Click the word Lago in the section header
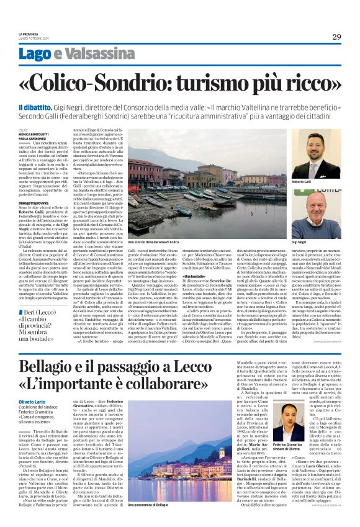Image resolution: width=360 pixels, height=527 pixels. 52,55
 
